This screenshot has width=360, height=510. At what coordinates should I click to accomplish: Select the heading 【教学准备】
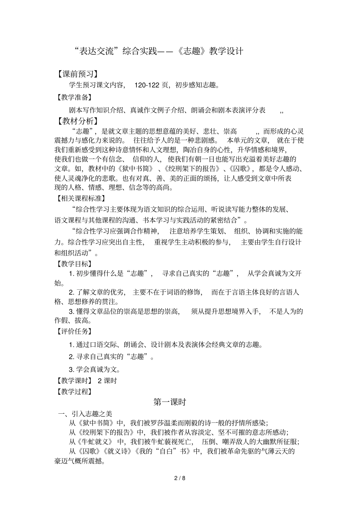(x=74, y=97)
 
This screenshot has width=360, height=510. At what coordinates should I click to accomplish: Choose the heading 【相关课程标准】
(x=80, y=198)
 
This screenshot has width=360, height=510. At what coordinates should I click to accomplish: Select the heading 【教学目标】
(x=74, y=264)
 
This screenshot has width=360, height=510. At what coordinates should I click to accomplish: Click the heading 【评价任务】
(x=74, y=331)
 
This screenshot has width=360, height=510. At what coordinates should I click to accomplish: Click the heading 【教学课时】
(x=74, y=381)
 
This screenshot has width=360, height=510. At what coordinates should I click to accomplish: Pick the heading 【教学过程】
(x=74, y=391)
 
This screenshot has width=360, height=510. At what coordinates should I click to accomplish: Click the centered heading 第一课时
(x=170, y=402)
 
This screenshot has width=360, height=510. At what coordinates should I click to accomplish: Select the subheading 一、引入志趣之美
(x=85, y=414)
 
